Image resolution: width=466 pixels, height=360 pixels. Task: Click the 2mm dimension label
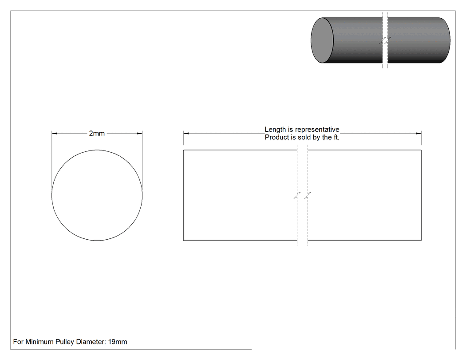click(x=97, y=134)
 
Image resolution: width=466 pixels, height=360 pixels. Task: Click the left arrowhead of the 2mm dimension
click(x=55, y=134)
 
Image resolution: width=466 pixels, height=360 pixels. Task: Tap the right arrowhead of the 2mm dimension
click(x=140, y=134)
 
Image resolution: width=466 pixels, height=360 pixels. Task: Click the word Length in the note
click(x=275, y=130)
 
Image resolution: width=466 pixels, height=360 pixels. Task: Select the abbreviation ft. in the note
click(x=336, y=137)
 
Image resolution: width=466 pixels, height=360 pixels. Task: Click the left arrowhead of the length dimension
click(x=186, y=134)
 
